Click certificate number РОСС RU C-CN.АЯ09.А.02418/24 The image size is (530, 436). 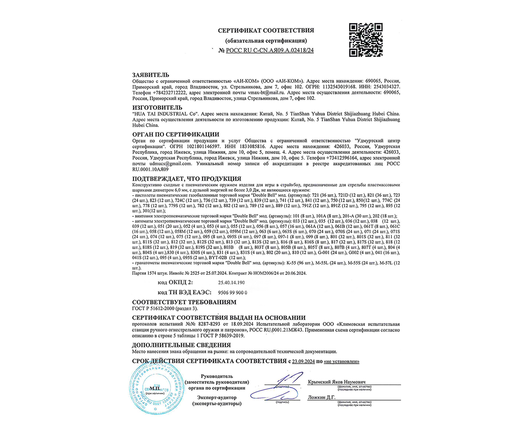click(x=270, y=50)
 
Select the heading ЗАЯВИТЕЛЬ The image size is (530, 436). click(x=151, y=75)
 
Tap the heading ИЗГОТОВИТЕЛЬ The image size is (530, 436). click(x=157, y=108)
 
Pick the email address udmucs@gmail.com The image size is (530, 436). click(x=170, y=164)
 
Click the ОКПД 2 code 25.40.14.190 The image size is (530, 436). click(x=231, y=283)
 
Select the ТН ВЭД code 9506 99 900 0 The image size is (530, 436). click(x=232, y=293)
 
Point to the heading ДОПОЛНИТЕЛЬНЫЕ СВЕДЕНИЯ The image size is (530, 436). click(x=181, y=345)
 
